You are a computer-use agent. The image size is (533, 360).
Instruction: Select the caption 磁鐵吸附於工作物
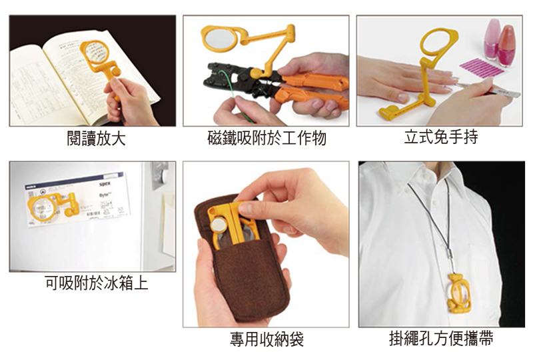(266, 139)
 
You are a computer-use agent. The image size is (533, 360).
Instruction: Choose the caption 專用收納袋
(266, 339)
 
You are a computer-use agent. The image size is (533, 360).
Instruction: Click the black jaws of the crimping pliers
(231, 76)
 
